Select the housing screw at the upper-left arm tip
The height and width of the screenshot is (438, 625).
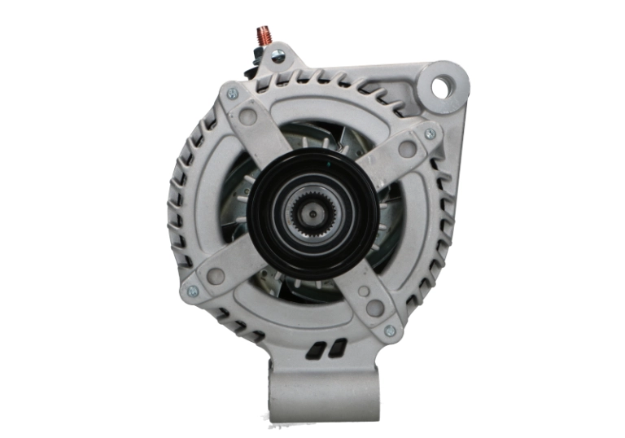point(232,94)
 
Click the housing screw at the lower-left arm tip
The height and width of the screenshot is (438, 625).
point(193,291)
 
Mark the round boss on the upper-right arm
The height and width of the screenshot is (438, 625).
point(408,149)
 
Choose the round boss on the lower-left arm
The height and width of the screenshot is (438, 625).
point(216,277)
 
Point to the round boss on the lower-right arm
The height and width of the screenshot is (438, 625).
point(374,309)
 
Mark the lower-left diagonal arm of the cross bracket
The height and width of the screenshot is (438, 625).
point(236,261)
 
